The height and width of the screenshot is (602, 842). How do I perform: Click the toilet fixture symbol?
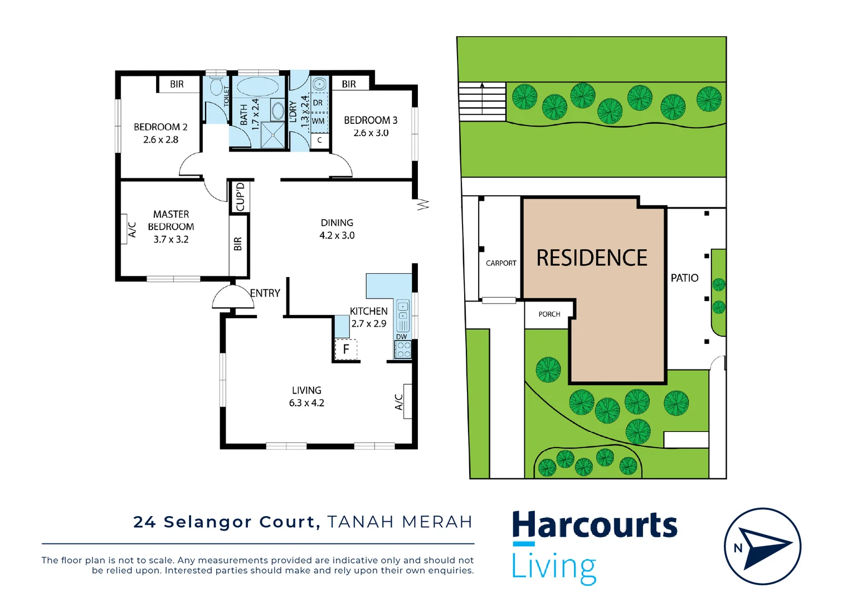click(216, 88)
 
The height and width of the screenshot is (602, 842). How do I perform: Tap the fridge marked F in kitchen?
click(345, 349)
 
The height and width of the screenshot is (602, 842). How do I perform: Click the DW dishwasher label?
click(402, 337)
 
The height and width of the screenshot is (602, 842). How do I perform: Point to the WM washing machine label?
click(318, 121)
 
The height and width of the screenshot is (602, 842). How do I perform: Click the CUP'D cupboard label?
click(240, 197)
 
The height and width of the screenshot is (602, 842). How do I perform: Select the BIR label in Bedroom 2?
click(177, 84)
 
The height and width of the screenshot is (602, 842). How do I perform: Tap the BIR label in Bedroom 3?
click(349, 84)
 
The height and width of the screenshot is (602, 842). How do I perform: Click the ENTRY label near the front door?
click(265, 293)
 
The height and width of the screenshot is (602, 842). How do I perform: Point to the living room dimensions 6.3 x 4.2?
click(306, 403)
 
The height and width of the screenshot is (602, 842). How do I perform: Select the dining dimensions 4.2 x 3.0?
click(337, 235)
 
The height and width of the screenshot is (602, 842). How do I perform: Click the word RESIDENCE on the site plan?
click(592, 258)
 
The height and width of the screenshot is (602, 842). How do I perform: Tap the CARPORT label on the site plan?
click(501, 263)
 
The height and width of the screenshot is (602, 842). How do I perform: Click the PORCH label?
click(549, 314)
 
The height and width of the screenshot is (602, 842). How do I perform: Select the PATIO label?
click(684, 278)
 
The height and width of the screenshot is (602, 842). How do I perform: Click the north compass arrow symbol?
click(766, 547)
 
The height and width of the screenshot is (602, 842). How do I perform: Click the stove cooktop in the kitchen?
click(403, 349)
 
